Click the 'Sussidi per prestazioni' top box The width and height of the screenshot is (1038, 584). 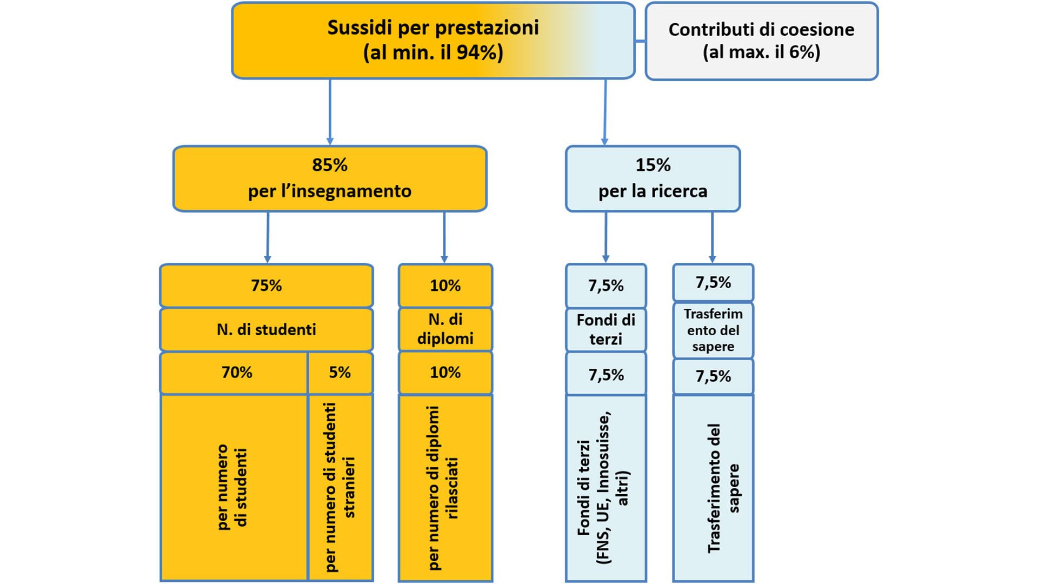[433, 41]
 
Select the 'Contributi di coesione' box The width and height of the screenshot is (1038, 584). [761, 41]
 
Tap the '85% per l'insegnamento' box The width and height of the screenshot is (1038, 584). [330, 178]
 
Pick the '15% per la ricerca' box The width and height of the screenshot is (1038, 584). [653, 178]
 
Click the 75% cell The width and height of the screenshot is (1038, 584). [267, 286]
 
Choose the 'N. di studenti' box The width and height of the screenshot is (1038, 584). [267, 329]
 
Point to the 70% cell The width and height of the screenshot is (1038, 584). [234, 373]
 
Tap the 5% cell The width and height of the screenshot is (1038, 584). [341, 373]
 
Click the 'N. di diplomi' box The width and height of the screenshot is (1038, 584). [445, 329]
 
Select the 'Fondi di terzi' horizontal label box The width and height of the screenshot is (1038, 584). [606, 330]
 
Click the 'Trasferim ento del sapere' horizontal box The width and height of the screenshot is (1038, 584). [713, 330]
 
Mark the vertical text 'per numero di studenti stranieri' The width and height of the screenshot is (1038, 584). [340, 487]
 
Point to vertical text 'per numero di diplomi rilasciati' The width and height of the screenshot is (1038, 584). [443, 488]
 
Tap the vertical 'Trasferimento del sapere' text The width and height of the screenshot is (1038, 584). [723, 488]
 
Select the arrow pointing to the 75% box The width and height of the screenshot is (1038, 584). [268, 237]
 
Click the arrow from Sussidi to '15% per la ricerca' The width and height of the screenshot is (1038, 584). [605, 112]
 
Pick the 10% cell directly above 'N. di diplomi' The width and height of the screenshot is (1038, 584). [445, 286]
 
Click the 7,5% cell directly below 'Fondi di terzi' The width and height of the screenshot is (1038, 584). [606, 374]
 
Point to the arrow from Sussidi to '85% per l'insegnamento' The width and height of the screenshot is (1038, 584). [330, 112]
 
